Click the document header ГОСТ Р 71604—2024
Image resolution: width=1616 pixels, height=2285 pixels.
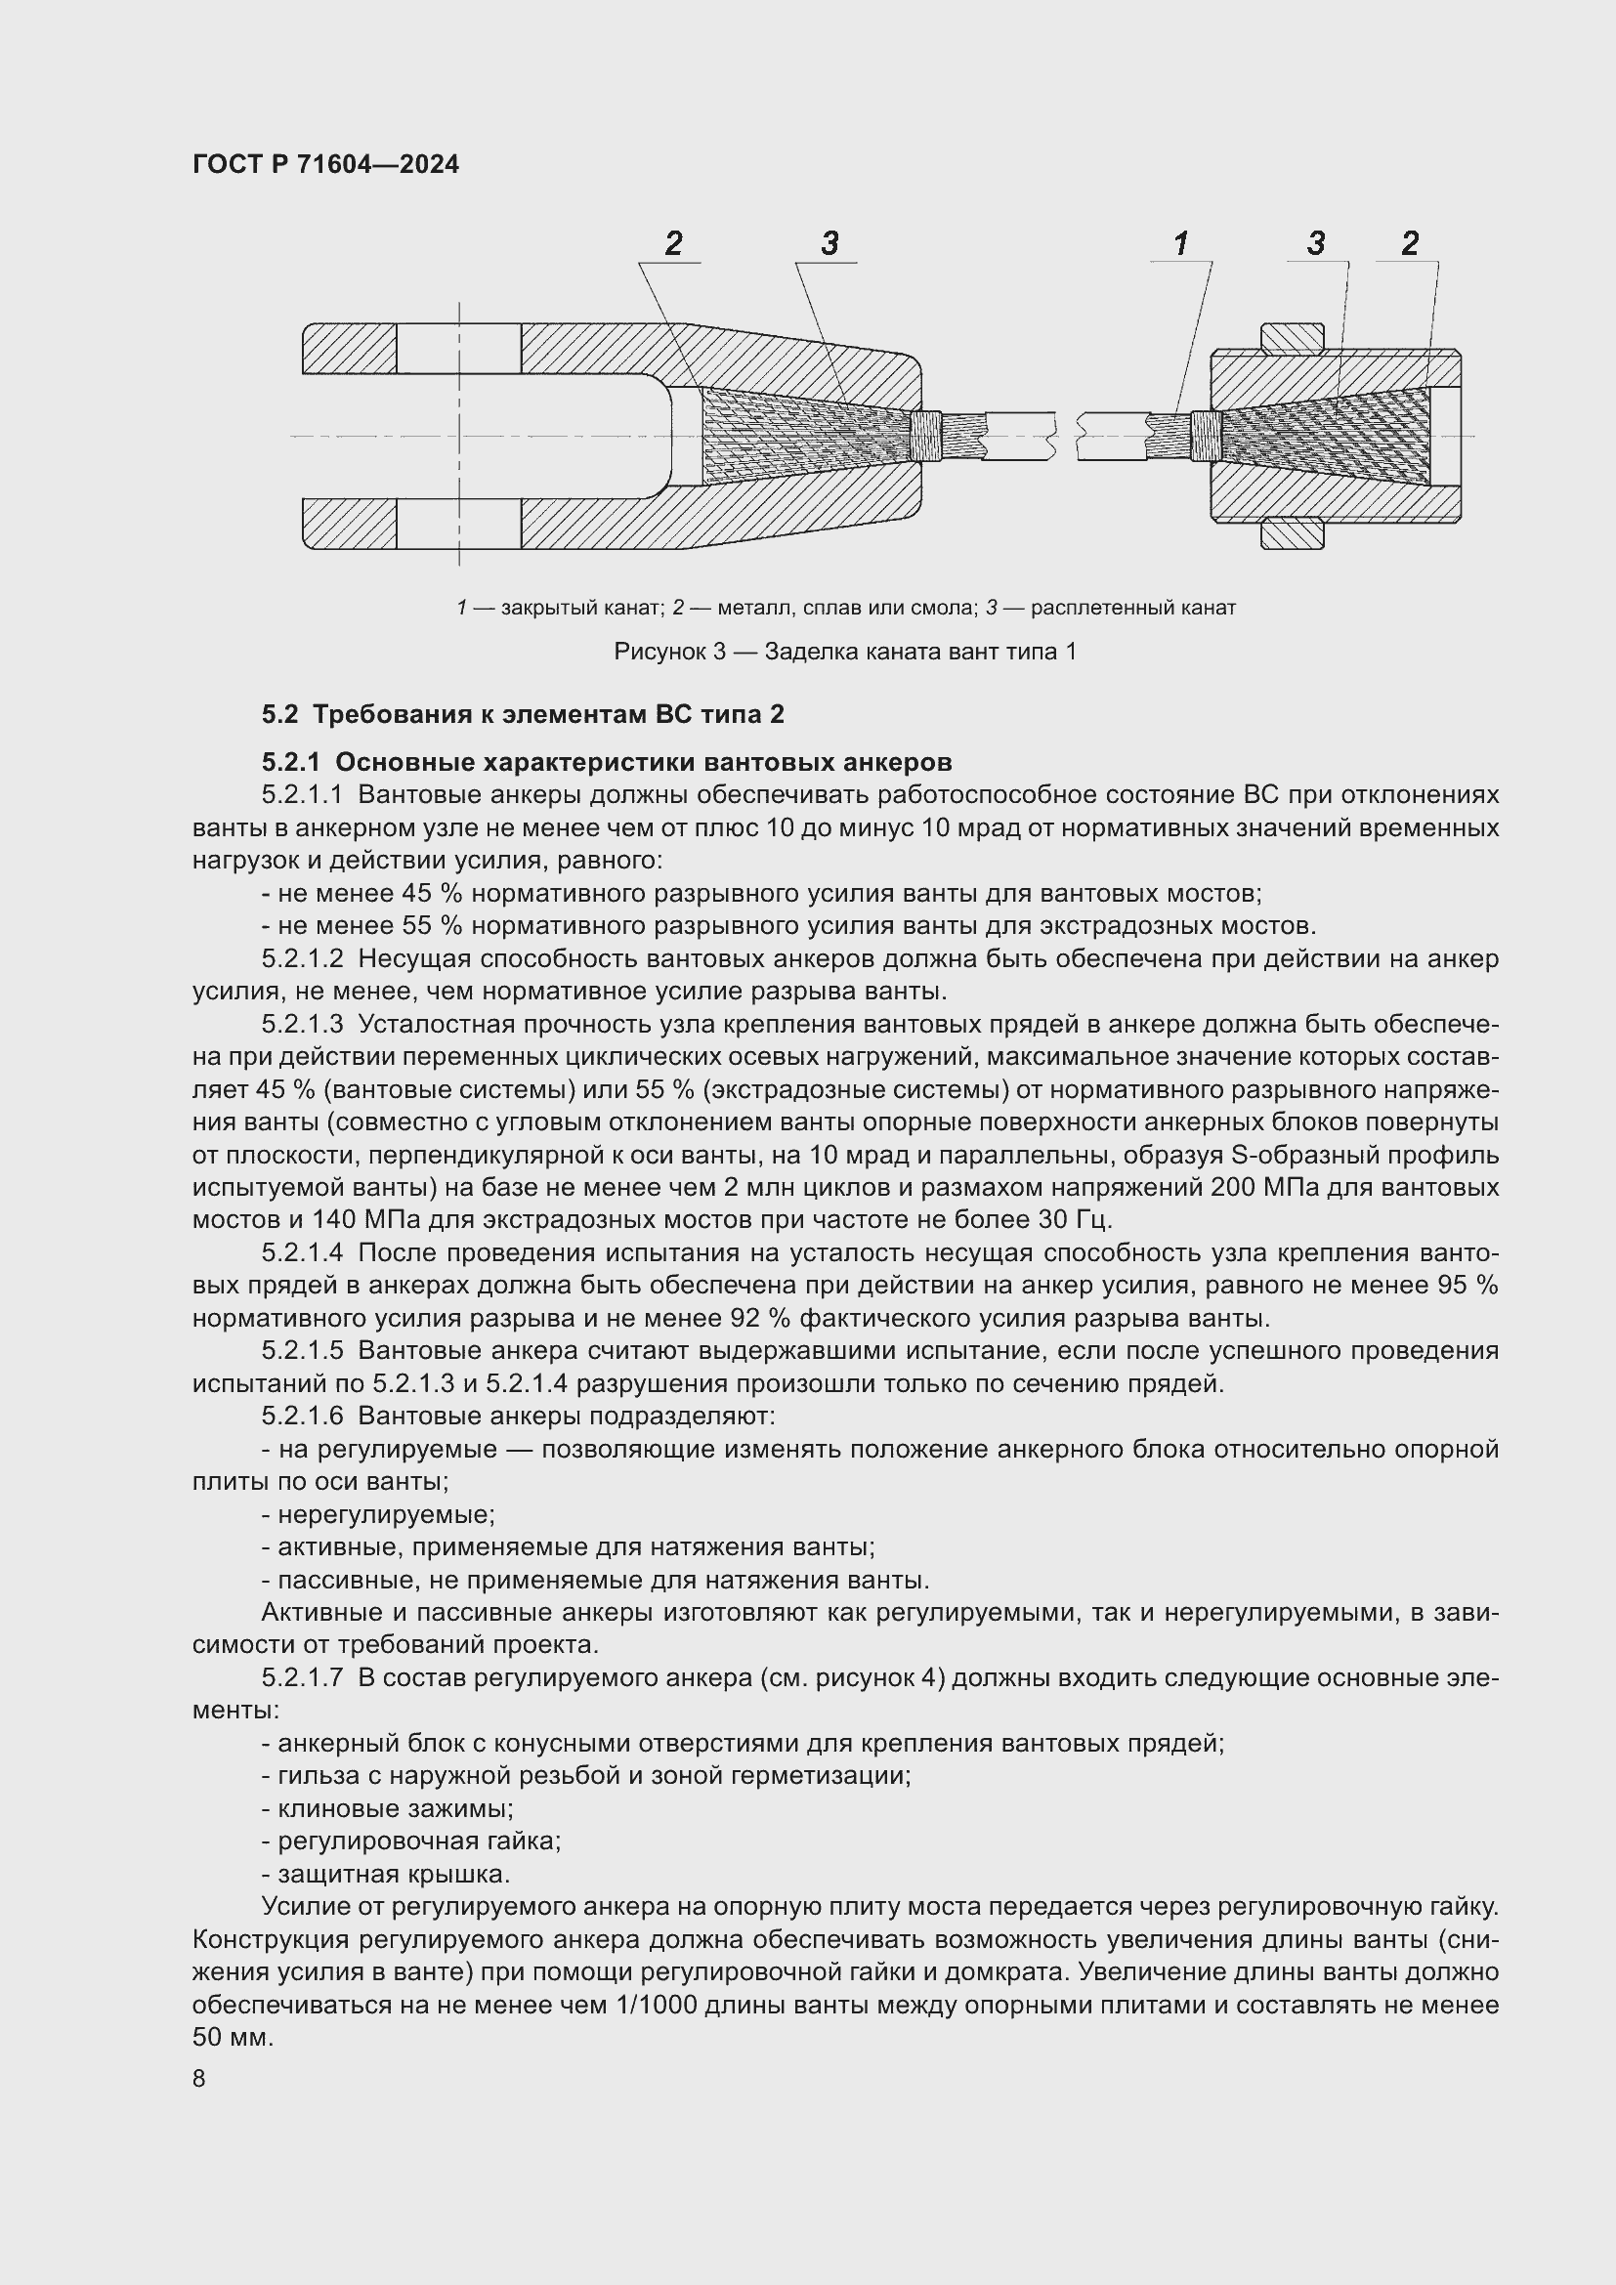tap(325, 164)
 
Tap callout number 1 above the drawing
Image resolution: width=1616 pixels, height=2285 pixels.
tap(1180, 243)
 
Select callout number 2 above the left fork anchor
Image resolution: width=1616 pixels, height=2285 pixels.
tap(674, 243)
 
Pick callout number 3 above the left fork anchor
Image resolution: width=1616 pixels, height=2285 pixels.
tap(829, 243)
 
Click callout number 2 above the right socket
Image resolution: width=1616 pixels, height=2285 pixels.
tap(1409, 243)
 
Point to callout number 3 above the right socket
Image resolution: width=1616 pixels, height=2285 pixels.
tap(1315, 243)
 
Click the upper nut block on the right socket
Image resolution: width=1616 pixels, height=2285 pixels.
tap(1292, 337)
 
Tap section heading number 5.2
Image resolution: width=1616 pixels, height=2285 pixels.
tap(279, 713)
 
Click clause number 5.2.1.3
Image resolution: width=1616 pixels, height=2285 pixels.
tap(303, 1024)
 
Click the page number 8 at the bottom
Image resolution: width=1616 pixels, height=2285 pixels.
tap(199, 2079)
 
